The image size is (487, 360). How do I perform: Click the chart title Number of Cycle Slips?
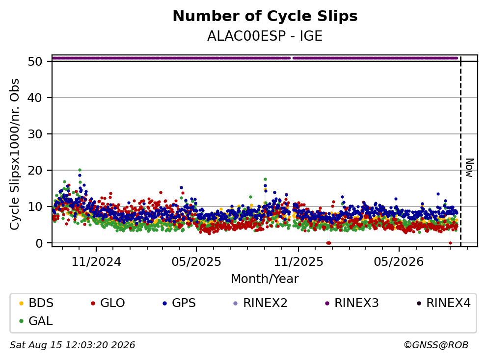tap(265, 16)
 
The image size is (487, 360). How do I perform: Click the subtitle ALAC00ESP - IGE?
tap(265, 36)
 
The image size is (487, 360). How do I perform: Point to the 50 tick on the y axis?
tap(35, 61)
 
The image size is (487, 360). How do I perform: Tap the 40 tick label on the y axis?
tap(35, 98)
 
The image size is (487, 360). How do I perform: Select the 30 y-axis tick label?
tap(35, 134)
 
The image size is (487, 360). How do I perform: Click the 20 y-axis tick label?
tap(35, 170)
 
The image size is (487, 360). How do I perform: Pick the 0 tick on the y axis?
tap(39, 243)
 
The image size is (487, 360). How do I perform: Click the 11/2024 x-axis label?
tap(96, 262)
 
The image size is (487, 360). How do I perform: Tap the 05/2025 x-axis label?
tap(196, 262)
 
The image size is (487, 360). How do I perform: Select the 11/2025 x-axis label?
tap(298, 262)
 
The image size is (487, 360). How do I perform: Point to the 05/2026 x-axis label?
tap(399, 262)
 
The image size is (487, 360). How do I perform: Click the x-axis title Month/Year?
tap(265, 279)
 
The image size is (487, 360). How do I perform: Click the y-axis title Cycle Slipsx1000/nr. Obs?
tap(15, 154)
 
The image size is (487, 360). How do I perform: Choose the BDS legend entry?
tap(36, 303)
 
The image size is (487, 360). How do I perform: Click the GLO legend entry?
tap(108, 303)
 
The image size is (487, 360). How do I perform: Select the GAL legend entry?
tap(36, 321)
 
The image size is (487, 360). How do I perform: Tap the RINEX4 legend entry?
tap(443, 303)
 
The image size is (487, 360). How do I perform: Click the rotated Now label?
tap(470, 168)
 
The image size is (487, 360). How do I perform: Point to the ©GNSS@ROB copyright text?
tap(436, 345)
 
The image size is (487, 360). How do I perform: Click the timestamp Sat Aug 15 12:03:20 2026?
tap(73, 345)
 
